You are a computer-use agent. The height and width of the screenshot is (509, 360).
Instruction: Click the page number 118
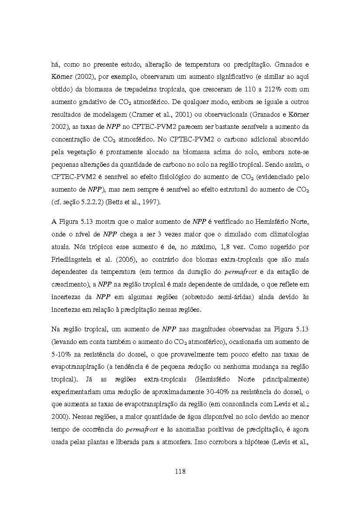pyautogui.click(x=180, y=471)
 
